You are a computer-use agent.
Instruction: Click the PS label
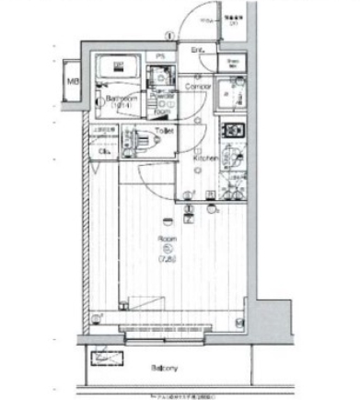click(x=160, y=58)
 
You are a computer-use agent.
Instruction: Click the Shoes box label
click(x=233, y=63)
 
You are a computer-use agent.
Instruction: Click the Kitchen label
click(x=204, y=159)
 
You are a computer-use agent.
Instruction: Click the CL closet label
click(x=104, y=153)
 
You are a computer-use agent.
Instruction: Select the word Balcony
click(x=165, y=367)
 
